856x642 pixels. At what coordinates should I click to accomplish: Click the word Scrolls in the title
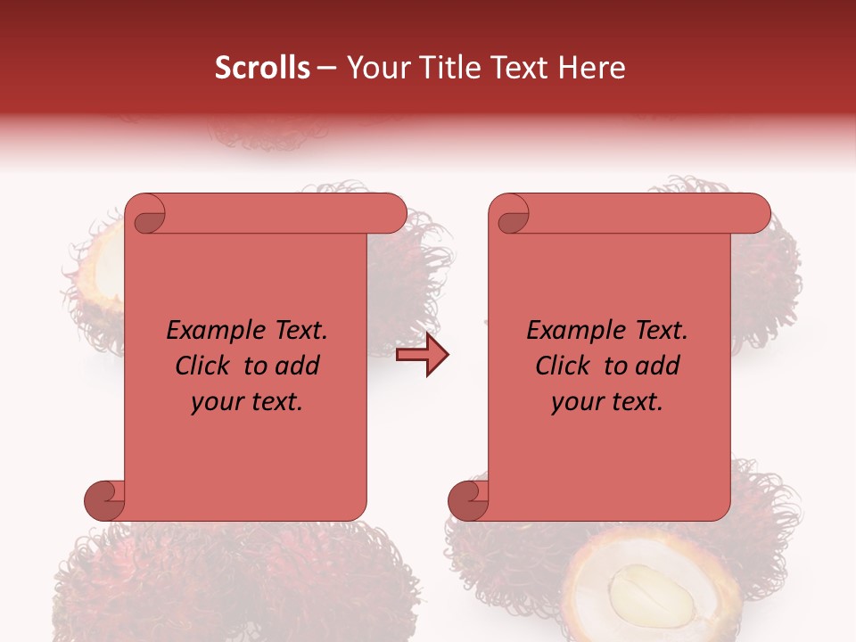pyautogui.click(x=262, y=68)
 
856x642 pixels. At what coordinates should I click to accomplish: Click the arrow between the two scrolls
pyautogui.click(x=423, y=355)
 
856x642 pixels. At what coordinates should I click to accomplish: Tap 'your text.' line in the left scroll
pyautogui.click(x=246, y=402)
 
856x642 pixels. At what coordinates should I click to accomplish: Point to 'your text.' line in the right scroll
pyautogui.click(x=606, y=402)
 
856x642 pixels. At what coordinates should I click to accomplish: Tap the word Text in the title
pyautogui.click(x=517, y=68)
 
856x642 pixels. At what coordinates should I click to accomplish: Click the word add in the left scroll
pyautogui.click(x=298, y=366)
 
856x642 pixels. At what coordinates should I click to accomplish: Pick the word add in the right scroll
pyautogui.click(x=658, y=366)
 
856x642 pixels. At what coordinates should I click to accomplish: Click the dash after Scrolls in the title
pyautogui.click(x=326, y=68)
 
